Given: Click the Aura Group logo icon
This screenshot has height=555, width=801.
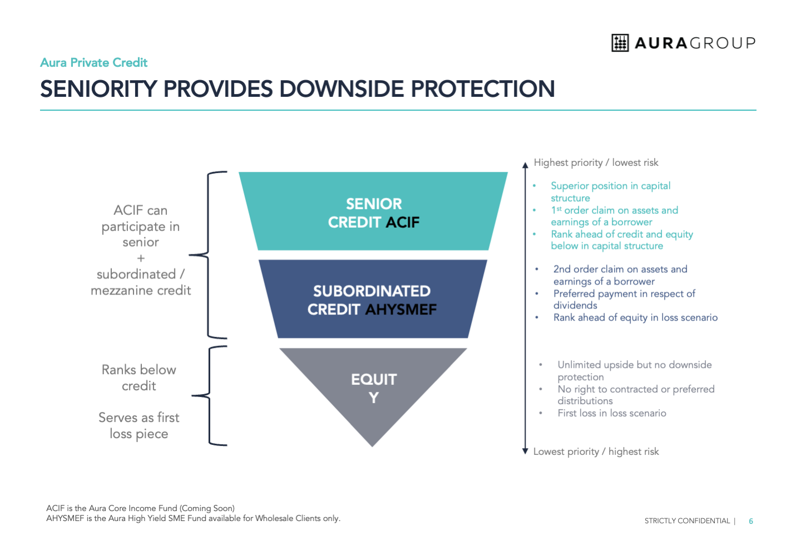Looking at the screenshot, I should click(620, 43).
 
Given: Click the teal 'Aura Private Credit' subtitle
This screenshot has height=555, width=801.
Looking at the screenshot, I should click(93, 62).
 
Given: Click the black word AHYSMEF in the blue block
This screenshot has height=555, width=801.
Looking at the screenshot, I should click(401, 310).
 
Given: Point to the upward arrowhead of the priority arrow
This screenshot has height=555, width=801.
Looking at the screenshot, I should click(525, 165).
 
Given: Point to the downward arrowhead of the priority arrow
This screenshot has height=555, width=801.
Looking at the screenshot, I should click(525, 451).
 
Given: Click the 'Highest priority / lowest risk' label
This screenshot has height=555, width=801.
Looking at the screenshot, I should click(596, 163).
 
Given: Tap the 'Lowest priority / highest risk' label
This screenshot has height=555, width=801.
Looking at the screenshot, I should click(596, 451).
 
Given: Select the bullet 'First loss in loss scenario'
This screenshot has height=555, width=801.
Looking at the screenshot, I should click(611, 413).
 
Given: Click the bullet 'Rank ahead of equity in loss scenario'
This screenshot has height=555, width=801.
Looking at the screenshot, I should click(635, 317).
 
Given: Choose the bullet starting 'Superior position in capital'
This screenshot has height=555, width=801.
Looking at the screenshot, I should click(610, 191).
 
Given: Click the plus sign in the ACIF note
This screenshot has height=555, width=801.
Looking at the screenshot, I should click(141, 258).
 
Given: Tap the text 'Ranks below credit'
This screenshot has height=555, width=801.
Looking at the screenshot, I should click(139, 377).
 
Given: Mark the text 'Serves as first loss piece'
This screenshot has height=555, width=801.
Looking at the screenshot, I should click(139, 425).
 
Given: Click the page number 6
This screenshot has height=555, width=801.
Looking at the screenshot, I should click(751, 521).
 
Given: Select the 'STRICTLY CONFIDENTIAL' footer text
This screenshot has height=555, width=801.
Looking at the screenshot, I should click(687, 521).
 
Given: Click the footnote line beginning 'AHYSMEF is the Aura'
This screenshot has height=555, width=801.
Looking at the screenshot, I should click(193, 518).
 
